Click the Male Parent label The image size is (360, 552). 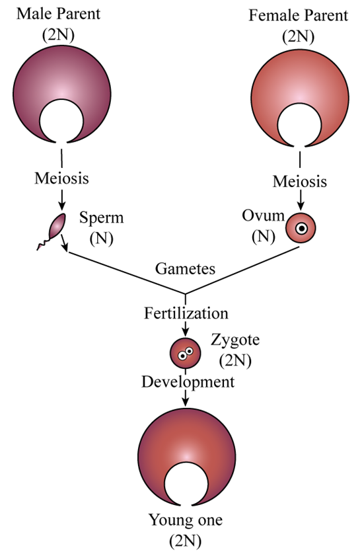coord(58,14)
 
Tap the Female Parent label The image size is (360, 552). coord(299,16)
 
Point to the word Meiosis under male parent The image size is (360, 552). coord(61,178)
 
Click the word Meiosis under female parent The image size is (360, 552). coord(300,182)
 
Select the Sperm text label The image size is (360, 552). coord(101,217)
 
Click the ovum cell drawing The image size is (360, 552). coord(301,228)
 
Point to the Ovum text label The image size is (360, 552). coord(263,216)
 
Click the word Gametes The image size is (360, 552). coord(185,268)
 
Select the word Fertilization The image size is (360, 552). coord(186,313)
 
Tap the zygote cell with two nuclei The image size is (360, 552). coord(186,353)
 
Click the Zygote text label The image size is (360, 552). coord(235,340)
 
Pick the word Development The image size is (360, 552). coord(188,382)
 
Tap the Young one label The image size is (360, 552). coord(186,520)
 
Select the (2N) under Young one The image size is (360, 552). coord(186,540)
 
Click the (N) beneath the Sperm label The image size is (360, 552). coord(101,239)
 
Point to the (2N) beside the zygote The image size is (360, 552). coord(235,360)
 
